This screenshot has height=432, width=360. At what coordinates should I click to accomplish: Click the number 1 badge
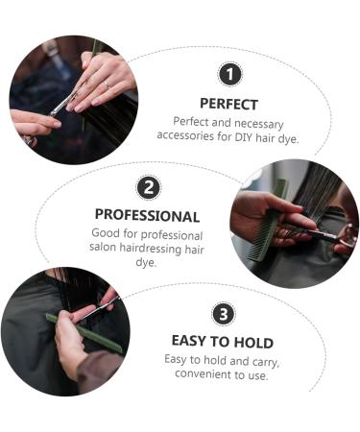(x=229, y=74)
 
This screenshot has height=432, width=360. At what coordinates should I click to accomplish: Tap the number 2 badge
(x=149, y=188)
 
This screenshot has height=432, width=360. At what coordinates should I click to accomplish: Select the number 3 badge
(x=224, y=314)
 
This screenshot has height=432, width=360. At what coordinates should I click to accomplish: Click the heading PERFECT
(x=228, y=105)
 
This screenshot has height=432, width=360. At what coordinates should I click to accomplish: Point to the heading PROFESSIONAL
(x=147, y=215)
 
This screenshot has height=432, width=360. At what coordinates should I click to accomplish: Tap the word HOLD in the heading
(x=253, y=343)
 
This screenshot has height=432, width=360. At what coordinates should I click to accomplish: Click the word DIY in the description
(x=244, y=137)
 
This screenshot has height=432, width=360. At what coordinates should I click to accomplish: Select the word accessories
(x=185, y=135)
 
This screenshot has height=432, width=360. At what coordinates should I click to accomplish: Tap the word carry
(x=266, y=362)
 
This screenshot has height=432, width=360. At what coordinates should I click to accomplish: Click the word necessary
(x=259, y=124)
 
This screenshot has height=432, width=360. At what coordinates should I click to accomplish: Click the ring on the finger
(x=107, y=84)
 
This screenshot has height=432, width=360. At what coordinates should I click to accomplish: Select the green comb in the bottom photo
(x=84, y=334)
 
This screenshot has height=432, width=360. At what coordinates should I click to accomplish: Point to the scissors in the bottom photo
(x=99, y=309)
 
